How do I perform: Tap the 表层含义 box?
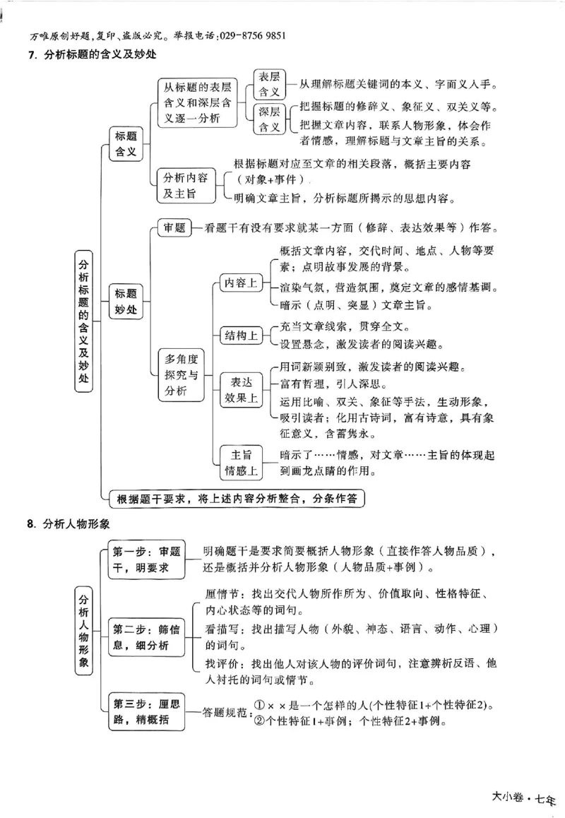(269, 84)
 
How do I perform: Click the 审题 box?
(174, 227)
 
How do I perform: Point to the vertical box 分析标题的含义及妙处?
(84, 320)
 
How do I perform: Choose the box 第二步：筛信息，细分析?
(146, 635)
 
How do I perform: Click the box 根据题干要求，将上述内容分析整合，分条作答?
(237, 498)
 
